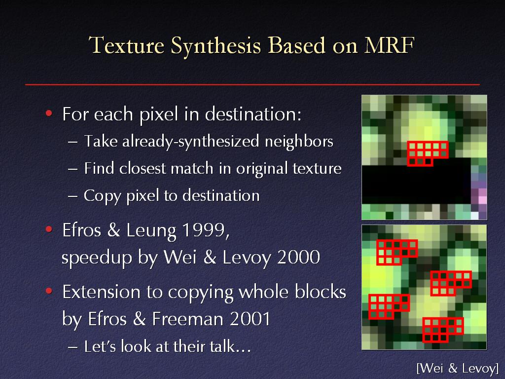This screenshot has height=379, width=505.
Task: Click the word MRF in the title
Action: (x=389, y=45)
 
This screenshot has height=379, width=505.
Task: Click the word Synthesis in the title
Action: (x=216, y=46)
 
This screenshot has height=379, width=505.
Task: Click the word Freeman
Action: (x=187, y=319)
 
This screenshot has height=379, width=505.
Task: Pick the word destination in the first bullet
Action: (x=253, y=114)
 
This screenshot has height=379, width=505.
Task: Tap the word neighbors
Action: (x=299, y=142)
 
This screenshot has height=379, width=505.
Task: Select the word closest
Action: (x=143, y=168)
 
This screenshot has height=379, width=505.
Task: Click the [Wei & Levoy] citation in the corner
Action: (x=457, y=368)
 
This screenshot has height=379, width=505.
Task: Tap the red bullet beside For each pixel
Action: (x=49, y=113)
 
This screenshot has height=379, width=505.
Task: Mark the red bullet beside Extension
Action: (x=49, y=291)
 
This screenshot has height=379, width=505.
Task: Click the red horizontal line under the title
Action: (x=252, y=84)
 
